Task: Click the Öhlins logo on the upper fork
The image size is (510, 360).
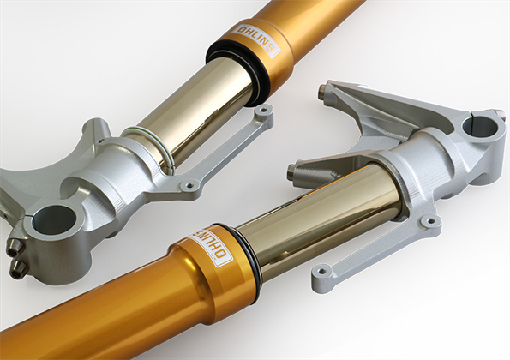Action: point(255,40)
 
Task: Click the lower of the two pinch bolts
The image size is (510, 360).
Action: point(18,269)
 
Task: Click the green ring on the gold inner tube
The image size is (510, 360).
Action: point(150,147)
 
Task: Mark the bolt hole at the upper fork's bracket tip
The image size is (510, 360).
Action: point(263,111)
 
